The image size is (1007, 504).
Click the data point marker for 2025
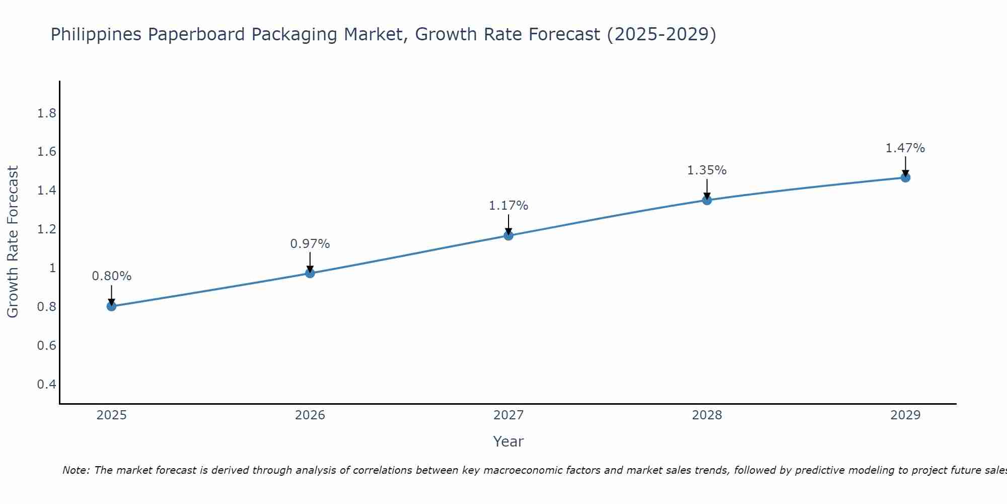point(111,306)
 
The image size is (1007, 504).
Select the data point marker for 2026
point(310,273)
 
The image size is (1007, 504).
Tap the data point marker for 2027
point(509,235)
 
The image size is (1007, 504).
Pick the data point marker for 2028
point(707,200)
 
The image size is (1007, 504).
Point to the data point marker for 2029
point(905,177)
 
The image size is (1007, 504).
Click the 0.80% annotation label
point(111,276)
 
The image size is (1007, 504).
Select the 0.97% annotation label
point(310,244)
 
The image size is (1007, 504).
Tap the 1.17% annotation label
point(509,206)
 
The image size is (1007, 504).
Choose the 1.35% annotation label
point(707,170)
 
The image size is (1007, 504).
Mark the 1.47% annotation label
point(905,148)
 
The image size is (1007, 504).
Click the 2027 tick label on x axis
point(509,415)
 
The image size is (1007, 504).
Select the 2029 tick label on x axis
point(905,415)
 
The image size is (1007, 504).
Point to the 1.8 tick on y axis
point(46,113)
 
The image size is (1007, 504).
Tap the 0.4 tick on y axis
point(46,385)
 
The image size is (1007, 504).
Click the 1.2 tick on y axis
point(46,229)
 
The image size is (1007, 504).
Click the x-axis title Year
point(509,442)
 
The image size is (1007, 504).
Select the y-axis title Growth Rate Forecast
point(13,242)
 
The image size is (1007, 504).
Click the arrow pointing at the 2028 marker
point(707,189)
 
